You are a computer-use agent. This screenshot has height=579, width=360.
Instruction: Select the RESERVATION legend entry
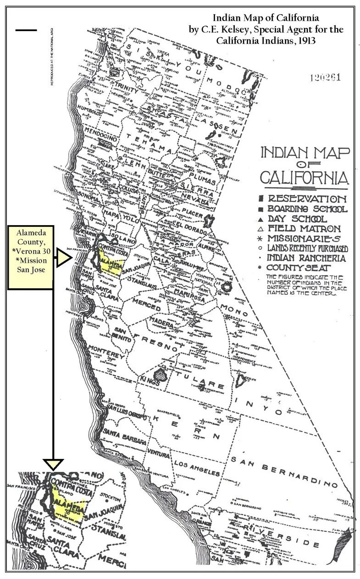[307, 199]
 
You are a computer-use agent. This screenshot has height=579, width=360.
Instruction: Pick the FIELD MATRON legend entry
[304, 228]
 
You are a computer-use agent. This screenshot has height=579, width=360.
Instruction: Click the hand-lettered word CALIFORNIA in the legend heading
[303, 176]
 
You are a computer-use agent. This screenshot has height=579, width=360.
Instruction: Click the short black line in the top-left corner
[26, 30]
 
